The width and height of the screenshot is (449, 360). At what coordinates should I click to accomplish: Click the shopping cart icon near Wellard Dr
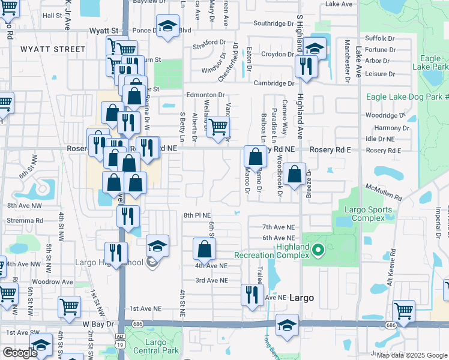218,127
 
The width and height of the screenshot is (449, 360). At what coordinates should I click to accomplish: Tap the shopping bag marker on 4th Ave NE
205,248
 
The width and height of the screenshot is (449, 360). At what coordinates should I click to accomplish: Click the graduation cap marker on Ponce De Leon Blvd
167,26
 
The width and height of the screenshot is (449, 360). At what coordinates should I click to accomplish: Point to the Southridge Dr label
273,23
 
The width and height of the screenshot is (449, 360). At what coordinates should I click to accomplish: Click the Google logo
20,353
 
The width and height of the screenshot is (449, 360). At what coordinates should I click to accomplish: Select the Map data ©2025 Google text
412,355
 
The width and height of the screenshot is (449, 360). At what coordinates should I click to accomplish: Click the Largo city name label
302,298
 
